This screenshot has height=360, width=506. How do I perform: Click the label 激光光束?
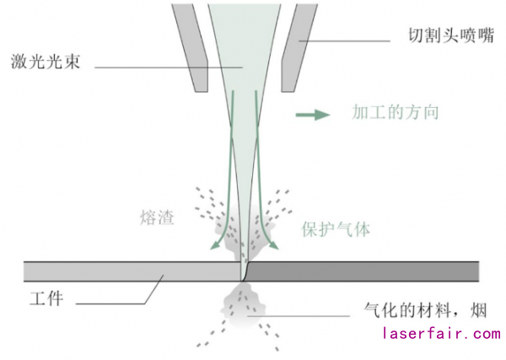[x=46, y=63]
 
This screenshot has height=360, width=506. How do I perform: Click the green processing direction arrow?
[x=311, y=113]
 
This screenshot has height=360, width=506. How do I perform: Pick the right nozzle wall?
[x=295, y=46]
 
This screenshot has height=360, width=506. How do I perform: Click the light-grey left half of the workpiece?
[x=126, y=271]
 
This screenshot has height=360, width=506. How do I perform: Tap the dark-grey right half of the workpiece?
[x=363, y=271]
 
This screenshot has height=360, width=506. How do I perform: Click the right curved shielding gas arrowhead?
[x=275, y=245]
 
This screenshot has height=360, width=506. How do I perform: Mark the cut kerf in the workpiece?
[x=243, y=271]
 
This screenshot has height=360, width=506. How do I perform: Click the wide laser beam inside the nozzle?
[x=245, y=42]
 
